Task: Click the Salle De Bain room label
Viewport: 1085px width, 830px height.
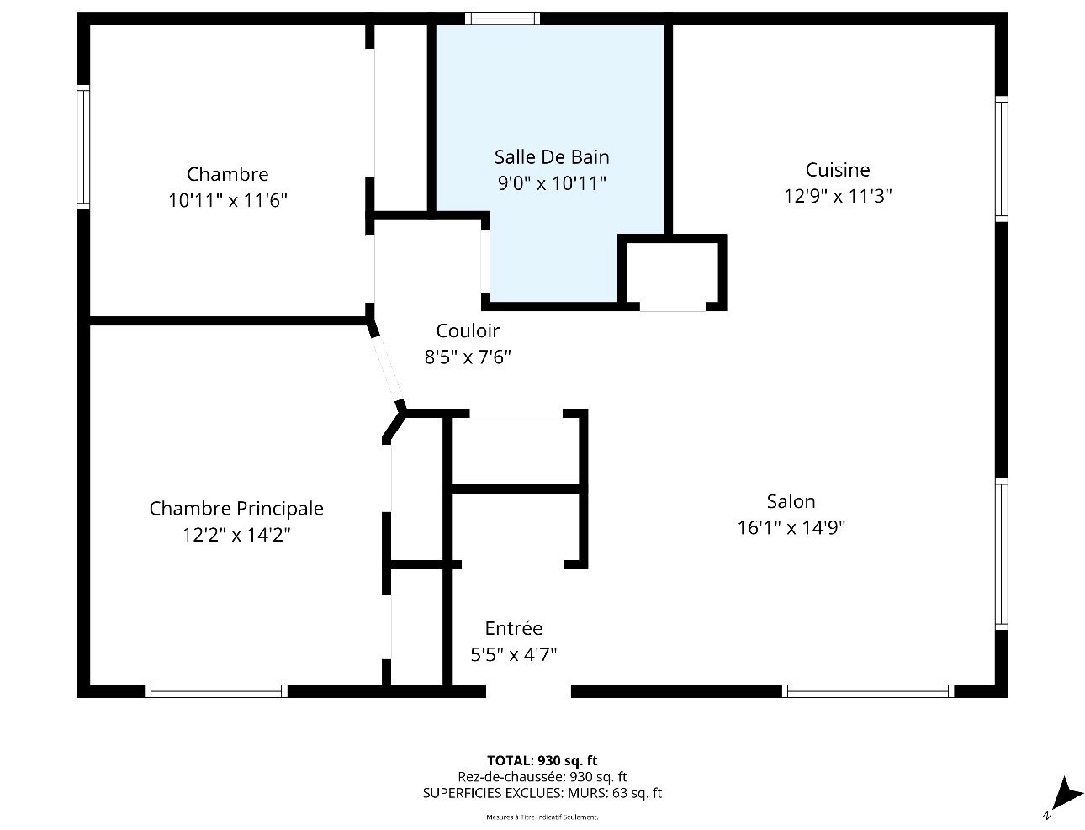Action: coord(552,157)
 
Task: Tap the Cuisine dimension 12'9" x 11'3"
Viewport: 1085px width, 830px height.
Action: coord(838,196)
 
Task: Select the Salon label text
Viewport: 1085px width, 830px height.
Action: coord(791,501)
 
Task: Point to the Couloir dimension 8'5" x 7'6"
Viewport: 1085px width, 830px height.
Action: coord(468,357)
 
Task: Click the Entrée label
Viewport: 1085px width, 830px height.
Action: coord(514,628)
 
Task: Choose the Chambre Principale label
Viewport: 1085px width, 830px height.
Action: coord(236,509)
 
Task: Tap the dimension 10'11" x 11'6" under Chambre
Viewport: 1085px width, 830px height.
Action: coord(228,201)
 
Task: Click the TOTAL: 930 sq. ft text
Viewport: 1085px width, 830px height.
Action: coord(542,760)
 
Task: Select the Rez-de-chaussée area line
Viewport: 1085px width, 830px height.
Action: coord(542,777)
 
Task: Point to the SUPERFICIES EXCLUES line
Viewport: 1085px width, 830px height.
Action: coord(542,793)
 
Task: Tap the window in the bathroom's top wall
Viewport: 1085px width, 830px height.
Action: coord(502,19)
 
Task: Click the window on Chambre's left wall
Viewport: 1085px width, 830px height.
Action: coord(83,146)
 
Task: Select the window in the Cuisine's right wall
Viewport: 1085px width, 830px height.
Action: coord(1001,159)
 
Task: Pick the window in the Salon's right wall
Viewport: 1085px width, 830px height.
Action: coord(1001,554)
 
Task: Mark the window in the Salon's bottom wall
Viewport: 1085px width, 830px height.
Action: coord(868,690)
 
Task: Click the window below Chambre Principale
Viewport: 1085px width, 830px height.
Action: coord(216,690)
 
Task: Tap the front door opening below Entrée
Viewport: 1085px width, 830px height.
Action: coord(528,690)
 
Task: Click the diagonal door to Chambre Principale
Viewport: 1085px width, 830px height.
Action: coord(387,368)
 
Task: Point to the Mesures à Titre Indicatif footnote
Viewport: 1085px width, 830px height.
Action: coord(542,817)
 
